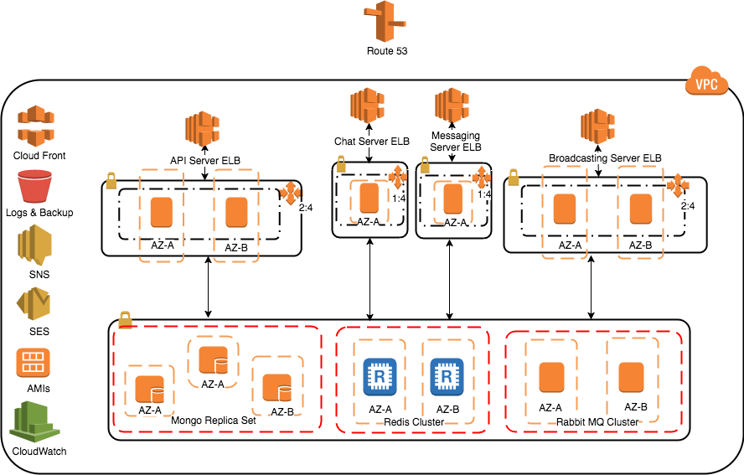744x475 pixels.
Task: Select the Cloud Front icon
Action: point(35,126)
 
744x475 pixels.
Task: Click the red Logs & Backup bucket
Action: point(34,186)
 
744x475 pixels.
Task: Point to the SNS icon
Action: point(34,245)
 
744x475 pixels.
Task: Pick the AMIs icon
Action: point(33,363)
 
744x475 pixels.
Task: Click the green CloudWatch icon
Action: point(34,422)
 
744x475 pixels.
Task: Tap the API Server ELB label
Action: point(205,161)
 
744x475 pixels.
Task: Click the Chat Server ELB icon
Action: point(367,106)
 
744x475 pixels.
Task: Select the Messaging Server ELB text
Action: point(456,142)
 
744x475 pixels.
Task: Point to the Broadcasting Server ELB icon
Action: point(598,126)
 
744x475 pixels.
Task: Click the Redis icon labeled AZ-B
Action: point(447,377)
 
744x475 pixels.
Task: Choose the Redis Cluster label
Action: point(414,422)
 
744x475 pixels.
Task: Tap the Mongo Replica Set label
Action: point(214,421)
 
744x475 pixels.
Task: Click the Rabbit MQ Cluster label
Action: point(597,422)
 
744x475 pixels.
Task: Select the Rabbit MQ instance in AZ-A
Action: point(552,377)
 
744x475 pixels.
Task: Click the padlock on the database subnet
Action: point(126,320)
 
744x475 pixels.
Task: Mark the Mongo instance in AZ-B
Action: point(277,388)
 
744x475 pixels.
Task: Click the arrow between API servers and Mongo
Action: point(208,287)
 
